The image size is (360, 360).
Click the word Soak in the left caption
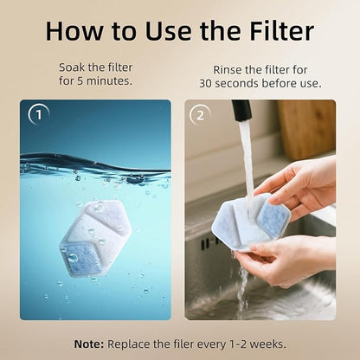pos(74,67)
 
